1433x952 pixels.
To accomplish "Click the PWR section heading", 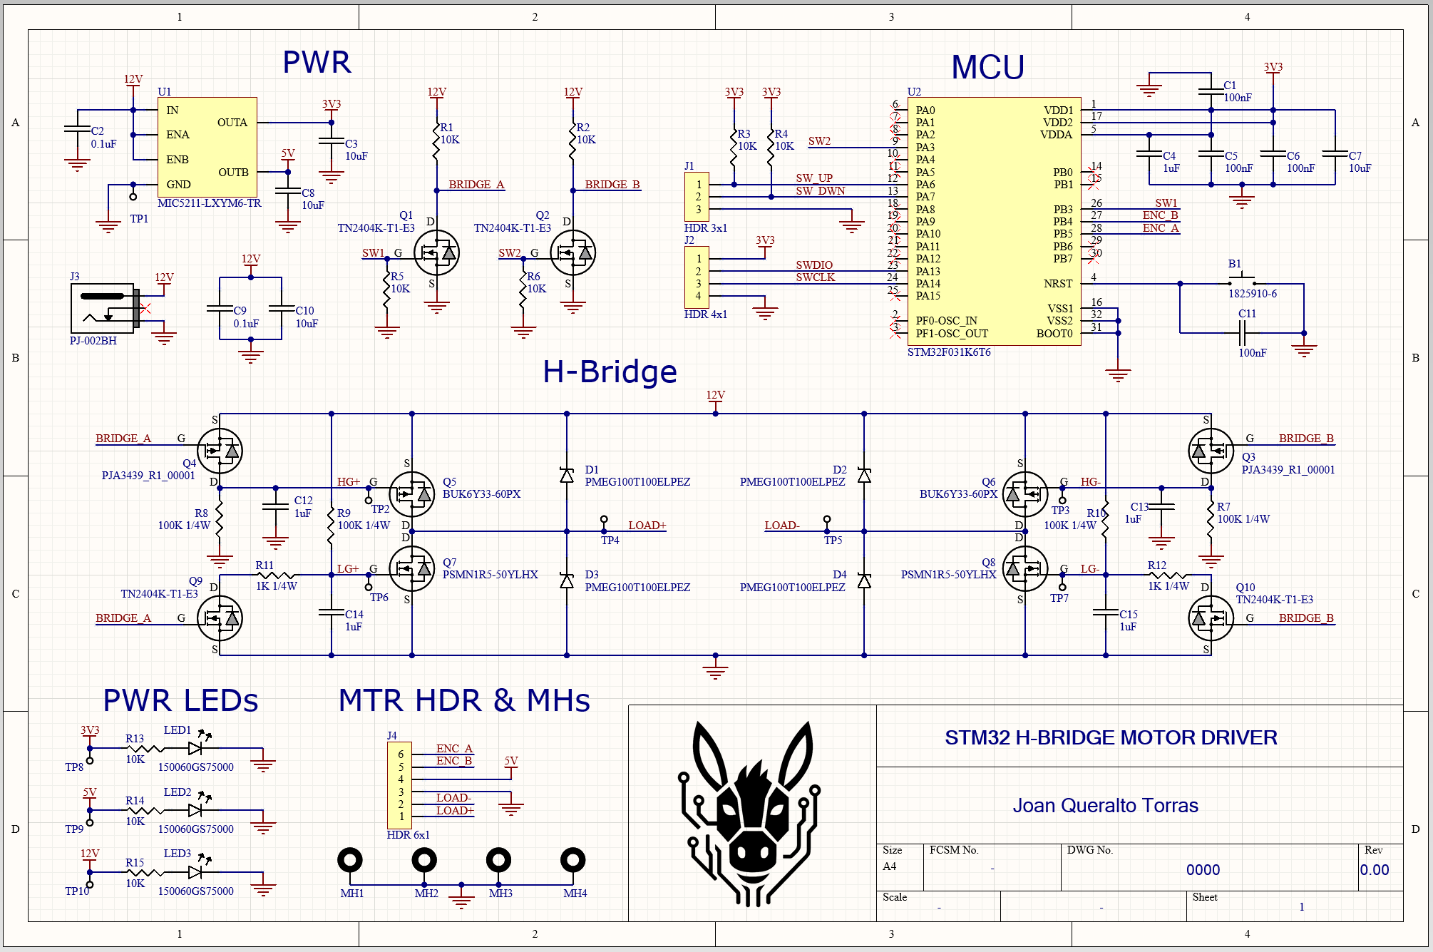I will coord(317,63).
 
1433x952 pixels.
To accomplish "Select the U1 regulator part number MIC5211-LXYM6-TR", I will coord(209,203).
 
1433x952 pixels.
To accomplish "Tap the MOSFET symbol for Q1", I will coord(436,252).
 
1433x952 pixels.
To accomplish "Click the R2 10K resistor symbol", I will coord(572,140).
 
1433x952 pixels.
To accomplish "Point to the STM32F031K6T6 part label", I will coord(948,352).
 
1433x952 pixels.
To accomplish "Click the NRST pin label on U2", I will coord(1057,284).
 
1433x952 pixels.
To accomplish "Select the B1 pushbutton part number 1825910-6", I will coord(1252,294).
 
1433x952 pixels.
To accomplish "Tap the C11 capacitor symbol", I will coord(1242,332).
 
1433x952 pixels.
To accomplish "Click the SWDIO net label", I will coord(813,265).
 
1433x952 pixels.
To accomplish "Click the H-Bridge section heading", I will coord(610,372).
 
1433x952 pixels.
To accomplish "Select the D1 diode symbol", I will coord(567,475).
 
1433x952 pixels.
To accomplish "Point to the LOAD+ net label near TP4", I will coord(647,526).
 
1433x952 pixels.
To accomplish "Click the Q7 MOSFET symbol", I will coord(412,568).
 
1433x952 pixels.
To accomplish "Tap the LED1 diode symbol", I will coord(195,747).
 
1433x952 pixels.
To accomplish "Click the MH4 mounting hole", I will coord(573,861).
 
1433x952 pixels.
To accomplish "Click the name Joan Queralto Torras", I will coord(1105,806).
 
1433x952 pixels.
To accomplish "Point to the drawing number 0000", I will coord(1203,870).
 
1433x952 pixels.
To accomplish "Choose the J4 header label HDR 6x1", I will coord(408,835).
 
